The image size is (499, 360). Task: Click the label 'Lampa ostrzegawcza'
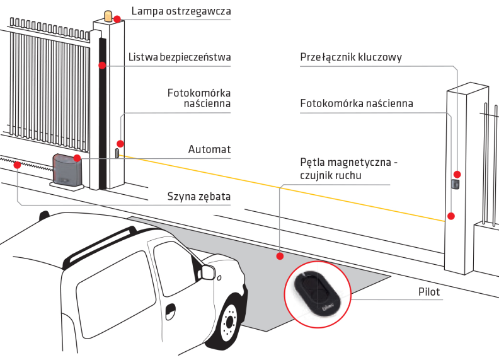[181, 11]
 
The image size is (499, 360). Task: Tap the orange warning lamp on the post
[110, 15]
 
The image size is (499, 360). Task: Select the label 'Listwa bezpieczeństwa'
[180, 57]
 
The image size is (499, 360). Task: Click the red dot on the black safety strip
[101, 65]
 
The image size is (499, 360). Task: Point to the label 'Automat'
[209, 149]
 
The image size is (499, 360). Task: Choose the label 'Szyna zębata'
[198, 197]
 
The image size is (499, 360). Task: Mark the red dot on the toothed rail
[17, 165]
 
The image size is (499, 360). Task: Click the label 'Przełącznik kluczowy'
[351, 57]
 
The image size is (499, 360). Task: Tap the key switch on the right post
[456, 185]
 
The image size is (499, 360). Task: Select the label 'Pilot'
[428, 293]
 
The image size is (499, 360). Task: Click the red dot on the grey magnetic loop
[280, 256]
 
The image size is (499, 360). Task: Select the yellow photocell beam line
[284, 187]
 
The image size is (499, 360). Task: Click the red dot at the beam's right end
[450, 216]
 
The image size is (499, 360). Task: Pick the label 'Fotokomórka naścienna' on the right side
[357, 103]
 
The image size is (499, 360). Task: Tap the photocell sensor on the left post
[117, 152]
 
